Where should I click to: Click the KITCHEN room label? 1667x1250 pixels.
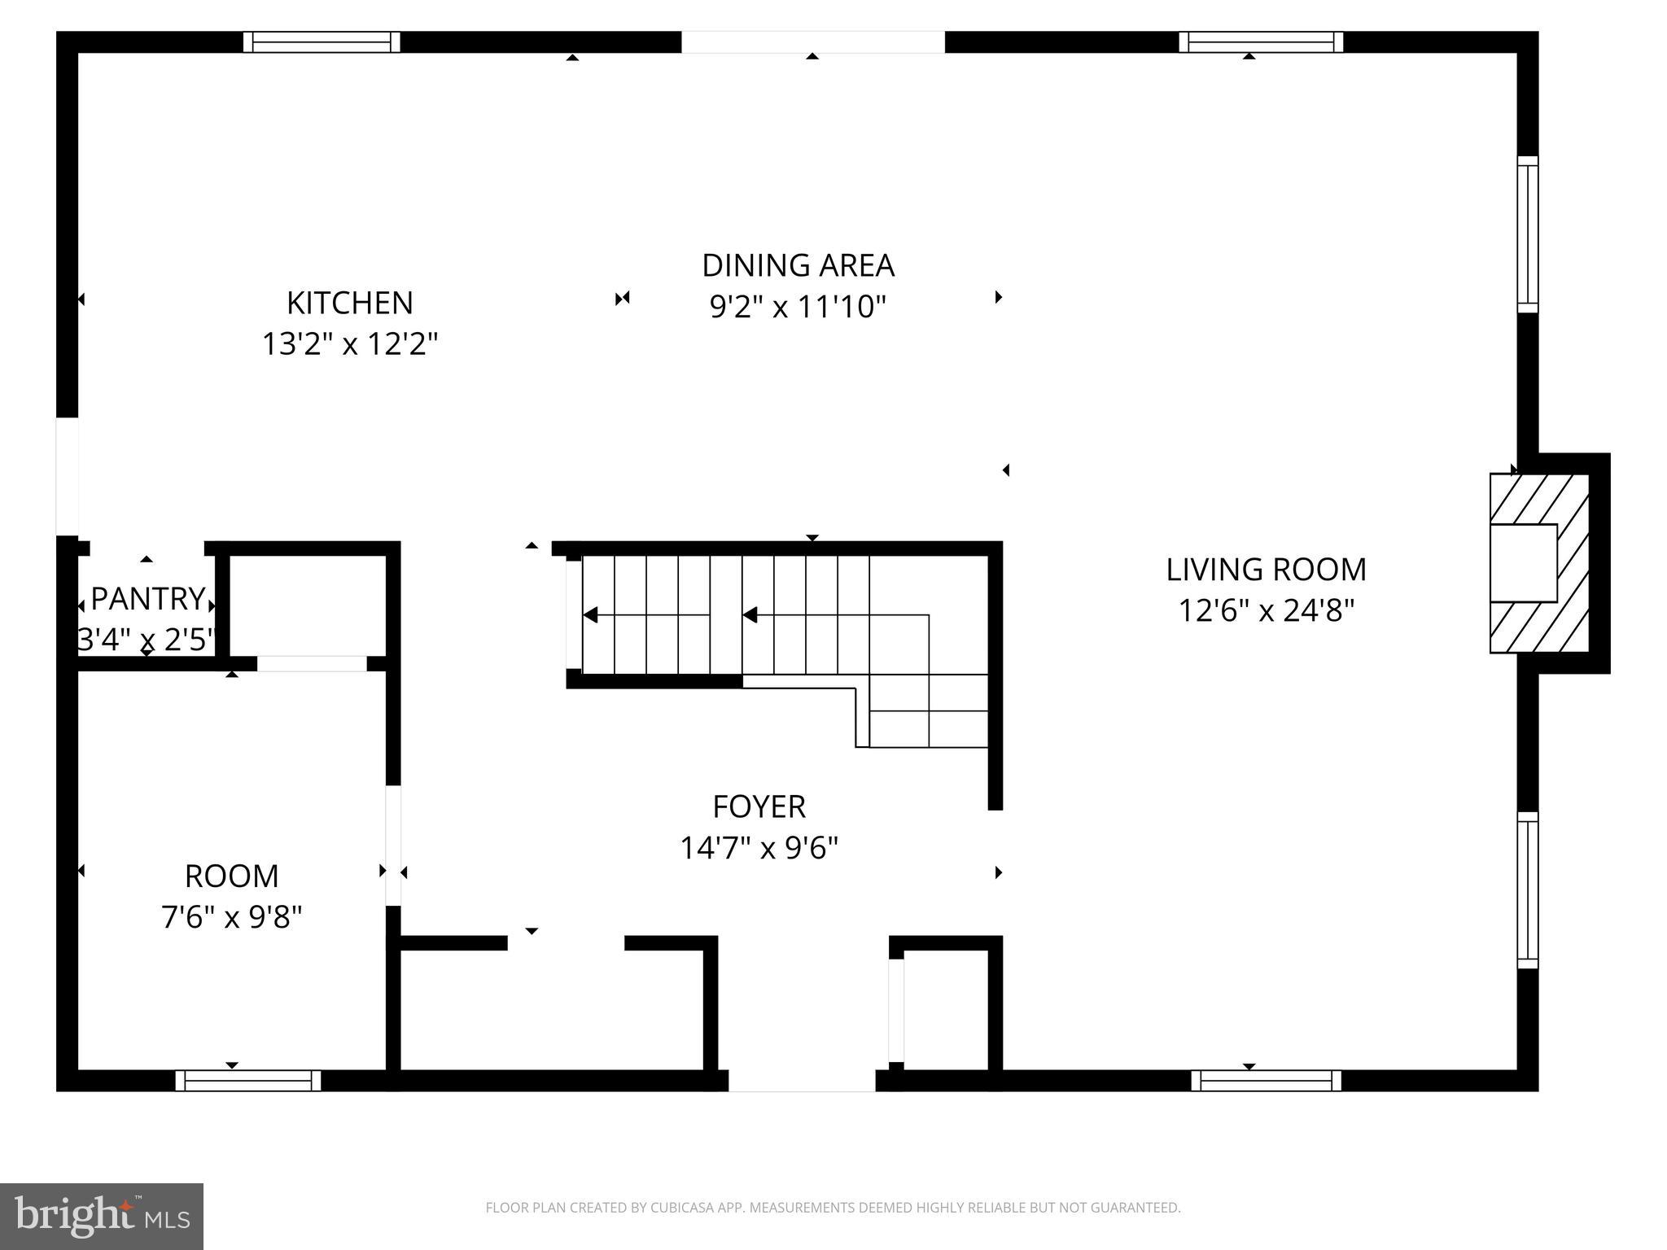click(349, 303)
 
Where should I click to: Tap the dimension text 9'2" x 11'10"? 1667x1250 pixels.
click(798, 308)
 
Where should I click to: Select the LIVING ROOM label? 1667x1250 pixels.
click(1266, 569)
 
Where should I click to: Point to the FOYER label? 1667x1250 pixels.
click(759, 806)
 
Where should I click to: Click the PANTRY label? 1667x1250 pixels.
click(147, 599)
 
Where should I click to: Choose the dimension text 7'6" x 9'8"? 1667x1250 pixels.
click(232, 917)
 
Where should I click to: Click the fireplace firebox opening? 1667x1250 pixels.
click(1522, 563)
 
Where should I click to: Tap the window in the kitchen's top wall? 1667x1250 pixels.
click(322, 42)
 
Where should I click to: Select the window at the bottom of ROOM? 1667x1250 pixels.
click(247, 1081)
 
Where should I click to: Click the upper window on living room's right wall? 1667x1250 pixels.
click(1528, 234)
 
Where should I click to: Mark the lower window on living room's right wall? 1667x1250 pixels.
click(1528, 889)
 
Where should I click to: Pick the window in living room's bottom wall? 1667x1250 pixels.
click(1266, 1081)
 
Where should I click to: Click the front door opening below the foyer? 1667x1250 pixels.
click(802, 1081)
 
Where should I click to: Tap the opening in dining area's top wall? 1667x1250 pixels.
click(812, 42)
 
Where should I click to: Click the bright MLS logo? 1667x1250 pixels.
click(102, 1216)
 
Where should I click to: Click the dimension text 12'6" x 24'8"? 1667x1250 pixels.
click(1266, 610)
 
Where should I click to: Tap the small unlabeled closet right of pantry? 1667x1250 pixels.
click(307, 605)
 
